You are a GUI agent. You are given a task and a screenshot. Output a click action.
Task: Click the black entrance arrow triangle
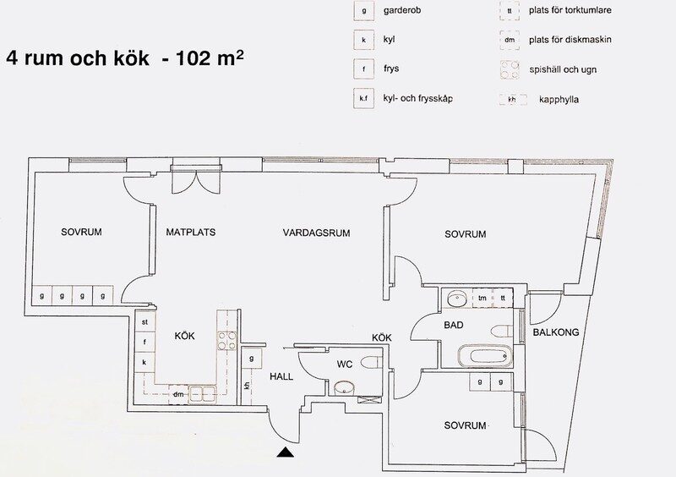click(286, 452)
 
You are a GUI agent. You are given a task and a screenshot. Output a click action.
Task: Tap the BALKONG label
click(556, 332)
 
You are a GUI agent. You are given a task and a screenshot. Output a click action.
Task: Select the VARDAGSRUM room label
click(316, 233)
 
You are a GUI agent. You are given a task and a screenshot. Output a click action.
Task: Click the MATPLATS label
click(191, 232)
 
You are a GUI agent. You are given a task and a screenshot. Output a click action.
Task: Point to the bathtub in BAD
click(484, 356)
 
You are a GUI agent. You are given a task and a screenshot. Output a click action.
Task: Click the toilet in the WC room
click(371, 362)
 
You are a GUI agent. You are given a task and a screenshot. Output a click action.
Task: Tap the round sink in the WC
click(344, 387)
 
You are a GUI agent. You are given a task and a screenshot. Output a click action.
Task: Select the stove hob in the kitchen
click(226, 340)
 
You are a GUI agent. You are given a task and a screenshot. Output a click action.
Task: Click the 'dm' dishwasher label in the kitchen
click(178, 394)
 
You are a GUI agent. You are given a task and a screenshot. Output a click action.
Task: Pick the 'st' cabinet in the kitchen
click(144, 322)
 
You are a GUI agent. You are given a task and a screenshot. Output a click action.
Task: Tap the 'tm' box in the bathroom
click(482, 298)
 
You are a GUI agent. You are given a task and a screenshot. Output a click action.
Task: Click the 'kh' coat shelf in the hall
click(247, 386)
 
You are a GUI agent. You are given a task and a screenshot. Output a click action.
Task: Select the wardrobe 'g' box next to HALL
click(251, 359)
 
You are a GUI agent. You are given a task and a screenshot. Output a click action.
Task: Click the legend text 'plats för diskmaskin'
click(570, 40)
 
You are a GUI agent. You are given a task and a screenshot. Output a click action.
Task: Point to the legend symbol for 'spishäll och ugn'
click(510, 69)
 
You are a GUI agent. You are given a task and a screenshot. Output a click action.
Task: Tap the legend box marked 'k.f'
click(363, 98)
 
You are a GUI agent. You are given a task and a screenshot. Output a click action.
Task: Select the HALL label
click(281, 376)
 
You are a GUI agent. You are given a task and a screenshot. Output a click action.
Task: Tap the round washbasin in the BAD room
click(456, 298)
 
